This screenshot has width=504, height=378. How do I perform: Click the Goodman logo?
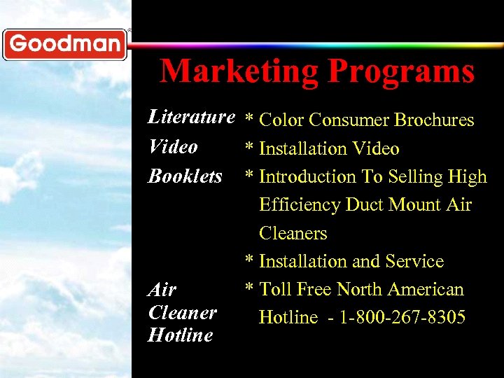65,44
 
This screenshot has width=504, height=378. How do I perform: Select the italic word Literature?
191,117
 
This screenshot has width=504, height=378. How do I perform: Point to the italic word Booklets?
185,176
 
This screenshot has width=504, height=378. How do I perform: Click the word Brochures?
434,120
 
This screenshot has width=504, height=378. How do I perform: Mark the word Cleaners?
293,233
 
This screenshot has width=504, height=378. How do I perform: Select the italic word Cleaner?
182,312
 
